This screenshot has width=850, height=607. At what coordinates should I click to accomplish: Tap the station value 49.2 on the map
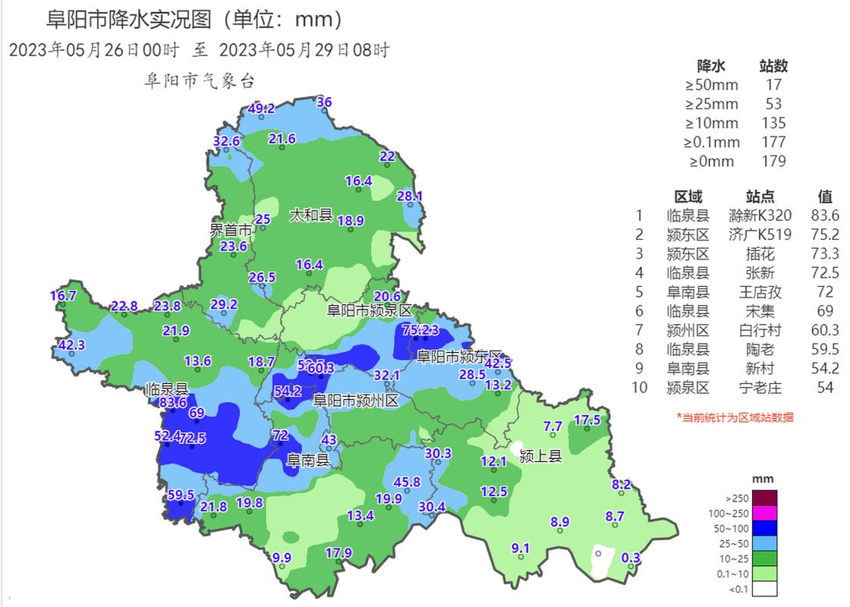[x=262, y=109]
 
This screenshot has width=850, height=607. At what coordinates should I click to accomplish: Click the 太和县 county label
[x=310, y=215]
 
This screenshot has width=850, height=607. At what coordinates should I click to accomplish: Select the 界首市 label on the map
[x=231, y=229]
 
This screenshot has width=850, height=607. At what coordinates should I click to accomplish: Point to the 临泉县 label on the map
[x=166, y=388]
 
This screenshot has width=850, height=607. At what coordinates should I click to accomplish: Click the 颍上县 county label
[x=540, y=457]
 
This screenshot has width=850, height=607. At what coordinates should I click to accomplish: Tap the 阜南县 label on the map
[x=307, y=461]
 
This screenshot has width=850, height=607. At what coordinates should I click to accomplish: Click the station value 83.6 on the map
[x=173, y=401]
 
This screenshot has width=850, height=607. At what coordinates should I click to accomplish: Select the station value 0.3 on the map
[x=631, y=558]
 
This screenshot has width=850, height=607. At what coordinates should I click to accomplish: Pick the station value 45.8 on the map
[x=407, y=481]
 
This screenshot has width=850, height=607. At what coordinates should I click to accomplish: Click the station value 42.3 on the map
[x=71, y=344]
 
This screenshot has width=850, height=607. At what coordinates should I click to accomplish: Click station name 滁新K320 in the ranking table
[x=759, y=215]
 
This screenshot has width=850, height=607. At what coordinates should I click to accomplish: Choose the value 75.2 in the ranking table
[x=825, y=234]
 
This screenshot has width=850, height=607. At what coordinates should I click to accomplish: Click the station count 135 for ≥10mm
[x=773, y=123]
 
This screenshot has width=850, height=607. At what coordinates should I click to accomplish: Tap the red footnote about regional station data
[x=734, y=417]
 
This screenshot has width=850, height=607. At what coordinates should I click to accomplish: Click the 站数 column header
[x=773, y=66]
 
